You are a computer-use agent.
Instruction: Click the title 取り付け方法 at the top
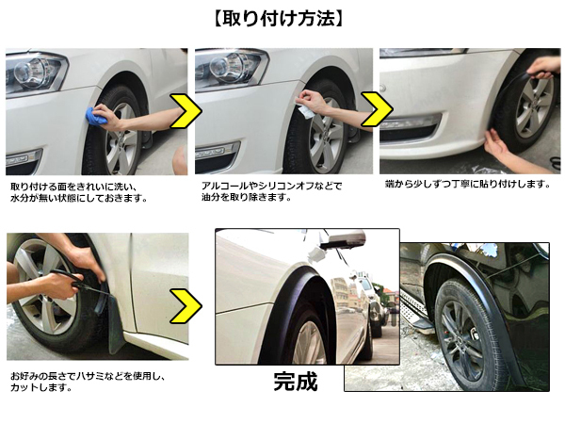pos(279,19)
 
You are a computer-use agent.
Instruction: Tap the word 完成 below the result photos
pos(296,382)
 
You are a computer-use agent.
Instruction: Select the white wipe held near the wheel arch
pos(303,109)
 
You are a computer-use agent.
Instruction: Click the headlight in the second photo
pos(231,67)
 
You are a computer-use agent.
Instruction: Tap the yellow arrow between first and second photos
pos(186,111)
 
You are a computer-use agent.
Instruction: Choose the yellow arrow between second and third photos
pos(377,109)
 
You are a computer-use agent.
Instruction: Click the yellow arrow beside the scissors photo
pos(186,305)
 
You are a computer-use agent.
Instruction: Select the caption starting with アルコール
pos(271,191)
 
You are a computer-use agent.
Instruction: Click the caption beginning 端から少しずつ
pos(467,185)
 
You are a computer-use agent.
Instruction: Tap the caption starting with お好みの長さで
pos(88,382)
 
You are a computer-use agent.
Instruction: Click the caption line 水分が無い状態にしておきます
pos(79,198)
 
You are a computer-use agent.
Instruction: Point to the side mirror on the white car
pos(343,239)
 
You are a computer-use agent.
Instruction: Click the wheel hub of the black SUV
pos(462,337)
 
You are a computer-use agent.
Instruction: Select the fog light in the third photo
pos(409,122)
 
